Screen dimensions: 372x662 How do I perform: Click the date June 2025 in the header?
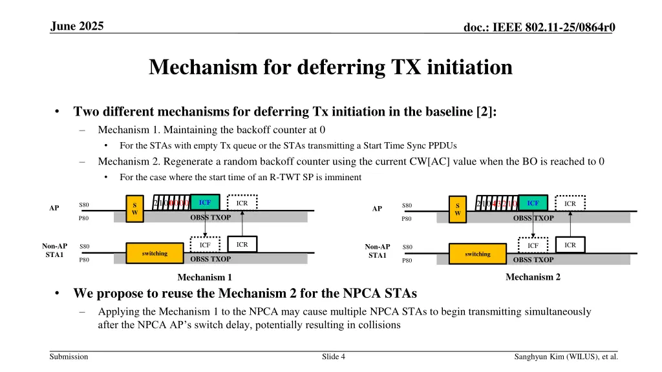76,26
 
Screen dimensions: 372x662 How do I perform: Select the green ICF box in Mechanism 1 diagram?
205,203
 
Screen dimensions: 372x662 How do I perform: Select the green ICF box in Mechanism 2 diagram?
533,203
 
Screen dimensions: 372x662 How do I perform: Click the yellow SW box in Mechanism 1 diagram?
134,209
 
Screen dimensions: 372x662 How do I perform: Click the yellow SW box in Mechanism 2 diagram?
458,209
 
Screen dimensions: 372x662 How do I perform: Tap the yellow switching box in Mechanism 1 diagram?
155,254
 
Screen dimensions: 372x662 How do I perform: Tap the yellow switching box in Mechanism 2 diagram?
478,254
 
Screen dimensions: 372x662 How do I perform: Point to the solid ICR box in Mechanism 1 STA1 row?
242,245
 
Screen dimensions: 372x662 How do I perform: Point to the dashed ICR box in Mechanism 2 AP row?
570,203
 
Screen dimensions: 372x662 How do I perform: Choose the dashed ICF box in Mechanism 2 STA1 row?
533,245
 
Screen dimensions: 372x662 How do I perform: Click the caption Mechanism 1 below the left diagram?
204,278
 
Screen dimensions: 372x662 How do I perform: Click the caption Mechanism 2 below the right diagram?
533,277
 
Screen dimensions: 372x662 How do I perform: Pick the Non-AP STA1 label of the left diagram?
54,251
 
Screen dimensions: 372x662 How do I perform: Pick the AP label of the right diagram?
377,209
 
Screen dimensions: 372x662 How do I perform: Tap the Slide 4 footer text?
333,356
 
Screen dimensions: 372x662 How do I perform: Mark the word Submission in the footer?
69,356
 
